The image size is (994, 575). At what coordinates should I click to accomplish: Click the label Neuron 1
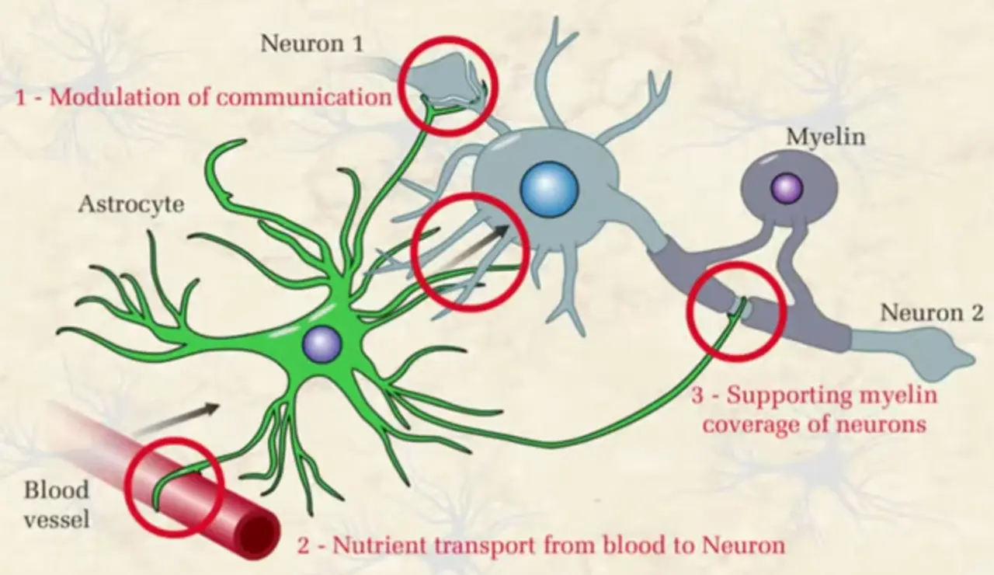point(311,43)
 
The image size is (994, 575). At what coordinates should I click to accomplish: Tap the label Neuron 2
point(931,313)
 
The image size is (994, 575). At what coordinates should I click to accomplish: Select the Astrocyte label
point(130,205)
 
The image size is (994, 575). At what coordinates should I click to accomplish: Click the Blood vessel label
point(56,504)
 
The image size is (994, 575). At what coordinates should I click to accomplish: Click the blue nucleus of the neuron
point(549,189)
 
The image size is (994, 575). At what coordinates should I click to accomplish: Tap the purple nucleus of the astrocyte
point(321,343)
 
